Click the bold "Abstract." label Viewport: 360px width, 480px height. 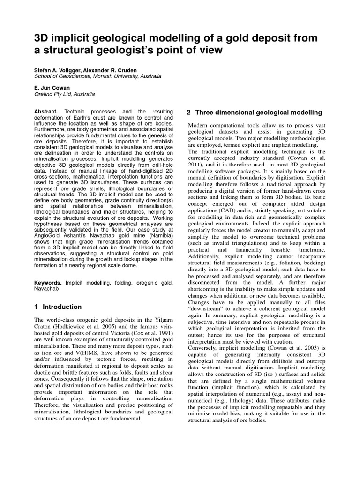[x=47, y=111]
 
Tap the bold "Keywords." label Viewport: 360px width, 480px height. [x=49, y=283]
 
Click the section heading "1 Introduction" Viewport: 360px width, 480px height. [x=58, y=307]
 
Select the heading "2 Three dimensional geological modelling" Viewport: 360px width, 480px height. [x=255, y=112]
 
